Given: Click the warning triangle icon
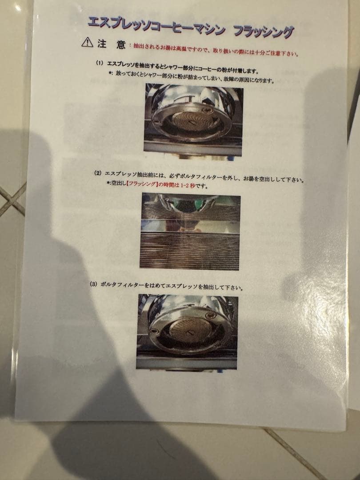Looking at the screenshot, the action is click(x=87, y=42).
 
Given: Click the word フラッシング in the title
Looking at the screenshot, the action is click(x=263, y=31).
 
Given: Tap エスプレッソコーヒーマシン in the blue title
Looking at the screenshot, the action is click(x=156, y=24).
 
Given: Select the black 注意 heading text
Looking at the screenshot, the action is click(x=112, y=44).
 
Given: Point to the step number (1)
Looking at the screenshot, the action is click(x=100, y=64).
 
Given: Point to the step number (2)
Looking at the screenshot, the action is click(x=98, y=173).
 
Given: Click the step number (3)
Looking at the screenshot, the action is click(x=94, y=284).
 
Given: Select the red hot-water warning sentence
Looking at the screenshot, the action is click(x=214, y=50).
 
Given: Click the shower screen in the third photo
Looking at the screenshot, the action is click(x=190, y=328).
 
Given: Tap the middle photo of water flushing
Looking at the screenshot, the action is click(x=190, y=232).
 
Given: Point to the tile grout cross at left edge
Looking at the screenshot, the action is click(x=13, y=200).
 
